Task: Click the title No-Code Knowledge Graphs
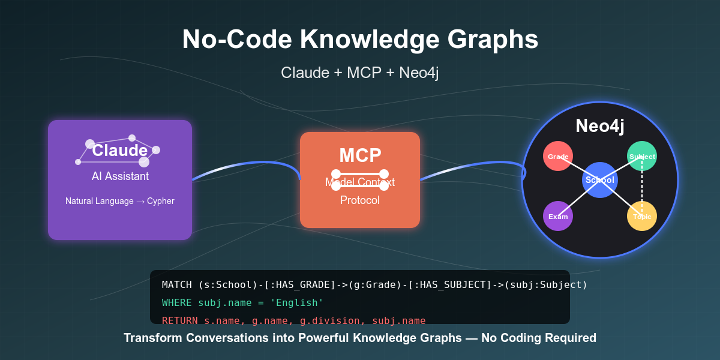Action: pyautogui.click(x=360, y=40)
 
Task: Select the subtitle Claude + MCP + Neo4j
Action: pyautogui.click(x=360, y=73)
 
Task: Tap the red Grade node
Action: pyautogui.click(x=558, y=156)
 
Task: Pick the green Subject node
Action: pyautogui.click(x=642, y=156)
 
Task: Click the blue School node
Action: pyautogui.click(x=600, y=180)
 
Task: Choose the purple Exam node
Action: pyautogui.click(x=558, y=216)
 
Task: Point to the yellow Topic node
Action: pyautogui.click(x=642, y=216)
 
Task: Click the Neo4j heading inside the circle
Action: pyautogui.click(x=600, y=126)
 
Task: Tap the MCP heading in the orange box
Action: pyautogui.click(x=360, y=155)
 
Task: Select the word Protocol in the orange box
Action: pyautogui.click(x=360, y=200)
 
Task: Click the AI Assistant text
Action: pyautogui.click(x=120, y=176)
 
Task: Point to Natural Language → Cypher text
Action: pyautogui.click(x=120, y=201)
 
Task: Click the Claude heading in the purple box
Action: pyautogui.click(x=120, y=151)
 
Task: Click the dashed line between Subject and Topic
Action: pyautogui.click(x=642, y=186)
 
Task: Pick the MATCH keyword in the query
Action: pyautogui.click(x=177, y=284)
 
